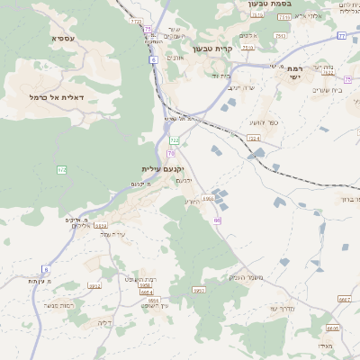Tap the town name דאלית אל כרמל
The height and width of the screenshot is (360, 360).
click(x=56, y=96)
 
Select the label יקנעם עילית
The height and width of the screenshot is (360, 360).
click(x=162, y=169)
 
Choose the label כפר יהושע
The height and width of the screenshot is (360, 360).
click(x=259, y=121)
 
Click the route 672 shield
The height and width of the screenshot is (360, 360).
click(x=62, y=169)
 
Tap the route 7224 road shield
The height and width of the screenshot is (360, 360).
click(x=253, y=138)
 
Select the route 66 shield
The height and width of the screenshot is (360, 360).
click(x=217, y=220)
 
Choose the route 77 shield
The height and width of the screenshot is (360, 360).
click(x=342, y=35)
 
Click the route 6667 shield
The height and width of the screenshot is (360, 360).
click(x=345, y=300)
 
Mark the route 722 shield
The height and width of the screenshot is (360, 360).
click(x=174, y=140)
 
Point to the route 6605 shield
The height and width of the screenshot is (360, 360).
click(x=333, y=328)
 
